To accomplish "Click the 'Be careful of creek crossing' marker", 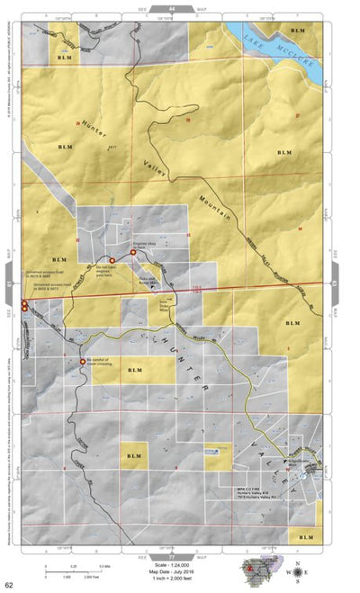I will [x=83, y=362].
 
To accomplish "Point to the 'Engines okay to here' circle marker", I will [x=133, y=254].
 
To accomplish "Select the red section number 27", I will [x=295, y=115].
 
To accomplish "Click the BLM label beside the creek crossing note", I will [x=135, y=371].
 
